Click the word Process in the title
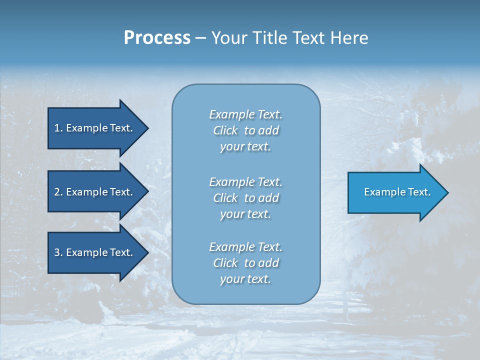tap(157, 38)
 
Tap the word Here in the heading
tap(349, 38)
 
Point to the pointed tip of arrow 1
tap(147, 128)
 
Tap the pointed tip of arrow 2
tap(147, 192)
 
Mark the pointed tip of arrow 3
tap(147, 252)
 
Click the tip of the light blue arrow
tap(447, 192)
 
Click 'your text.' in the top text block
tap(245, 147)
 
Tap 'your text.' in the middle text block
tap(245, 214)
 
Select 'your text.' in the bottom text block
tap(245, 279)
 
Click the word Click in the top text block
tap(225, 131)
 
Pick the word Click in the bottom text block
tap(225, 263)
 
